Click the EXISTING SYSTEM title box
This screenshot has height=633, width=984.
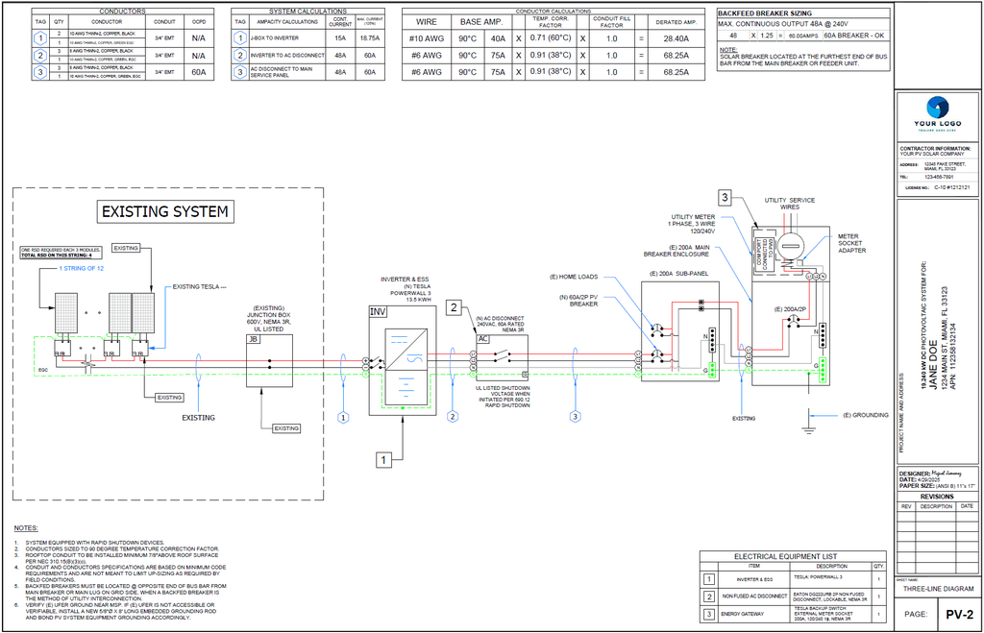point(165,211)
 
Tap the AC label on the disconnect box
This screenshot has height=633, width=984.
point(483,338)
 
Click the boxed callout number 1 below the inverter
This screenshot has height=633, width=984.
point(382,460)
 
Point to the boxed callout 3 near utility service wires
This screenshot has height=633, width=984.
point(725,198)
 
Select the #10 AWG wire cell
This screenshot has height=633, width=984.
point(426,38)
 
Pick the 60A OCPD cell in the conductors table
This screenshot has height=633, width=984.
point(199,72)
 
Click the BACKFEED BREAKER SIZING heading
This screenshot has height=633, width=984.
point(765,13)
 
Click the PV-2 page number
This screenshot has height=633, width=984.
point(955,614)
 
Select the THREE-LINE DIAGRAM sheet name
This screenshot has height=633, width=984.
point(939,588)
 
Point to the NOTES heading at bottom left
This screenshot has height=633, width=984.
point(26,529)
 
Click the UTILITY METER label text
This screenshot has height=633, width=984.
point(693,217)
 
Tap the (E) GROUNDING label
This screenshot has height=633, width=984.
point(866,415)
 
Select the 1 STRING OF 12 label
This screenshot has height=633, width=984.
point(81,268)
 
